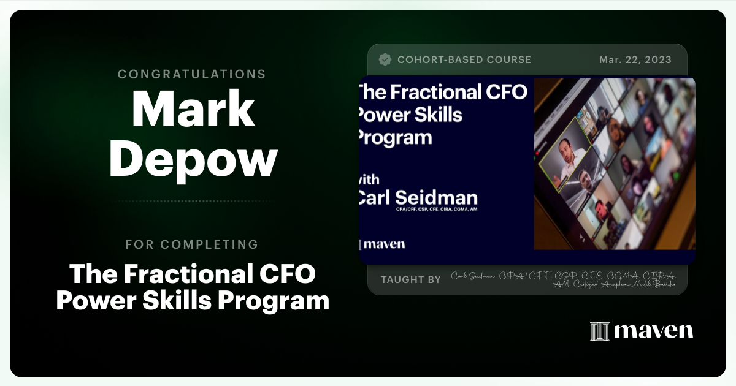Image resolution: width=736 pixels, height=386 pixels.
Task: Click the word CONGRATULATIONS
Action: [192, 74]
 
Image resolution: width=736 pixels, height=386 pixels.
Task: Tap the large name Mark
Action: [193, 109]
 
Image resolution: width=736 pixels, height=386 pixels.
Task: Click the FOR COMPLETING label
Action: [192, 244]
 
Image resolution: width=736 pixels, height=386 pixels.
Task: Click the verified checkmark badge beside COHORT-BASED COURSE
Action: [385, 59]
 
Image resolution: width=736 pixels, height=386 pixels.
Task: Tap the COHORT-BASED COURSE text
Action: [464, 59]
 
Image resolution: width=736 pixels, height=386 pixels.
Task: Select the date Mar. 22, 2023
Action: [635, 59]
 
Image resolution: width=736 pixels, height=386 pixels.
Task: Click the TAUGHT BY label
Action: [410, 279]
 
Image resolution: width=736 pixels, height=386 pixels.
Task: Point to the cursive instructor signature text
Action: [563, 279]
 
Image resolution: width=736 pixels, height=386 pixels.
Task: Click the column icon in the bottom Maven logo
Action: [599, 331]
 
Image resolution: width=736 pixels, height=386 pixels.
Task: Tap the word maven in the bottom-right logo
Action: [654, 331]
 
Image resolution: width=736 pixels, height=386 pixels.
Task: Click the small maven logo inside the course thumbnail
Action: [383, 244]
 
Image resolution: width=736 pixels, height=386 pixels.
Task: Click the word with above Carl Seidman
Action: [369, 180]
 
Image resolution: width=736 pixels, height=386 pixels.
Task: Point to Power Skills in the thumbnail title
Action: [410, 114]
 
